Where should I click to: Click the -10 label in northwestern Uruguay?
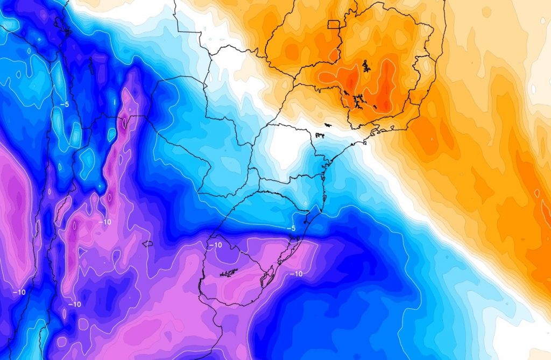(x=215, y=245)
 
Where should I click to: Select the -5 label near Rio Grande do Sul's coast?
(x=291, y=228)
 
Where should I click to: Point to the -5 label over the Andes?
(x=64, y=104)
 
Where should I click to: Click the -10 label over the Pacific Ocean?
(x=19, y=292)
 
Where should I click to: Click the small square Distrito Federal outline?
(x=334, y=24)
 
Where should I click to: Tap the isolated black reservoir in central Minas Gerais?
(x=366, y=66)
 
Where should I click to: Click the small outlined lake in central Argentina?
(x=147, y=243)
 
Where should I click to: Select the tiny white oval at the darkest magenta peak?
(x=125, y=122)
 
